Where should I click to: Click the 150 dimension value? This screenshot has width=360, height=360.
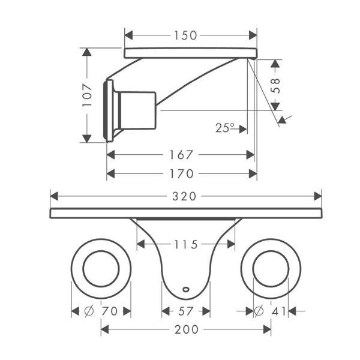point(185,35)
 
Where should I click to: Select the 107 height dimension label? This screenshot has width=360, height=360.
point(87,95)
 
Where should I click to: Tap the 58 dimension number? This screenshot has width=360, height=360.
point(275,86)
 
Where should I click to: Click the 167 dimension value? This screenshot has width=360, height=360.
point(181,155)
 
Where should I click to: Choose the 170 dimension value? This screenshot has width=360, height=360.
point(181,174)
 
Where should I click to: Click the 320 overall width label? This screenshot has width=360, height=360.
point(184,197)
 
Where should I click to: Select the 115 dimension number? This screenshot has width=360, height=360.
point(186,245)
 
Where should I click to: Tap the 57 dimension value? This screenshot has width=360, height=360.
point(186,311)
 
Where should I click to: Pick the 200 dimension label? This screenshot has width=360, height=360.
point(187,329)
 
